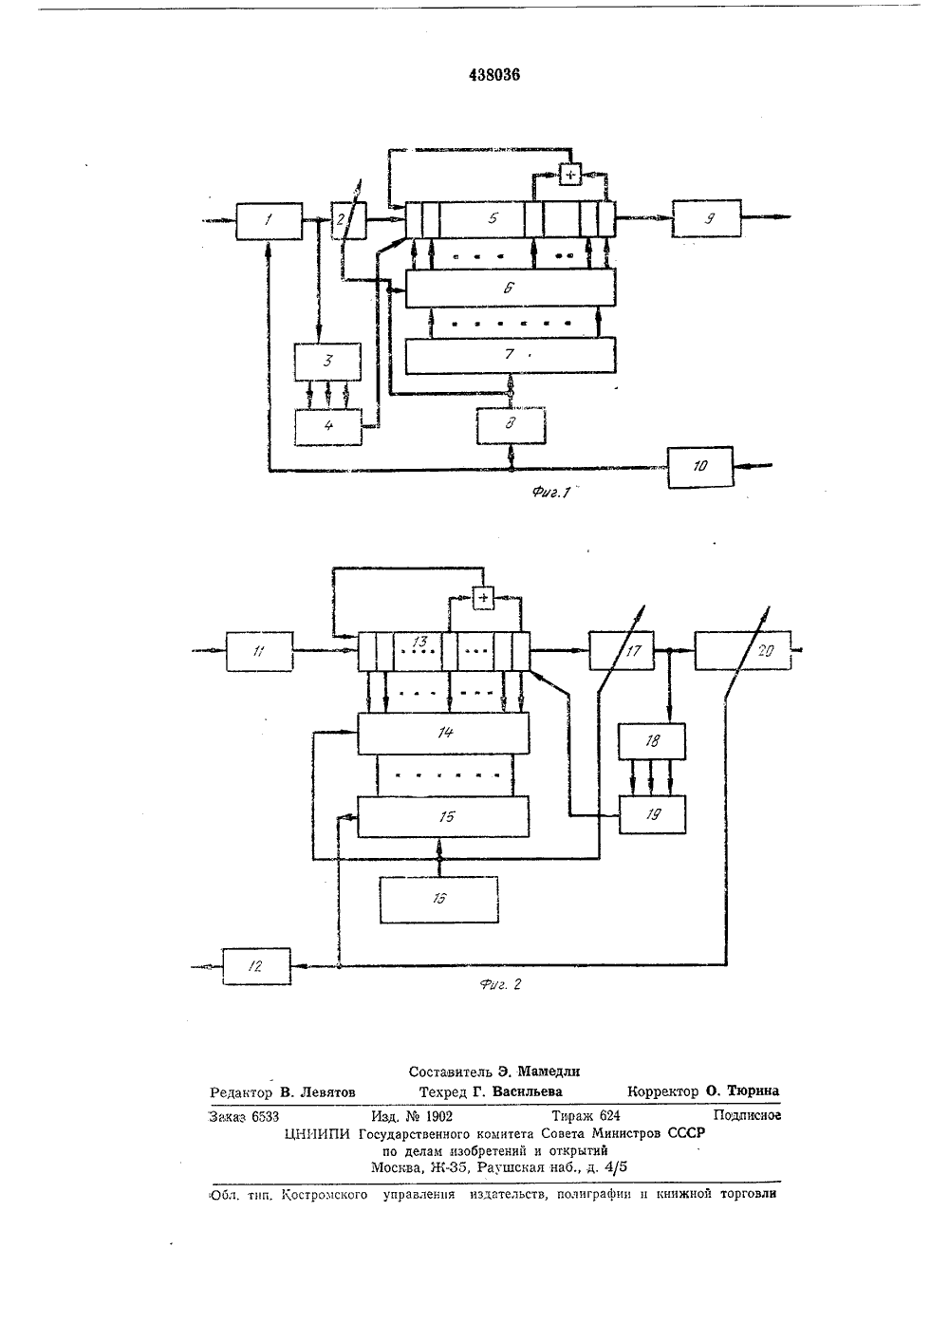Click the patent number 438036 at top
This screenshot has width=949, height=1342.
click(x=494, y=75)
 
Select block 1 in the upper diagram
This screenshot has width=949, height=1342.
click(x=269, y=221)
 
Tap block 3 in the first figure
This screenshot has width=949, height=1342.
click(x=327, y=362)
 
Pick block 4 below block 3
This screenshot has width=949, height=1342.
click(x=328, y=427)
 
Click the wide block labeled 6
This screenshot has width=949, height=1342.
click(x=511, y=288)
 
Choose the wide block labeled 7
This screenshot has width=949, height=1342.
click(x=511, y=355)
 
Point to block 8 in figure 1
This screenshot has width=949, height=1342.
click(x=512, y=426)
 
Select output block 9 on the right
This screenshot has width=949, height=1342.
click(x=706, y=218)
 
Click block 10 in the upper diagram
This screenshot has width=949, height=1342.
click(x=700, y=467)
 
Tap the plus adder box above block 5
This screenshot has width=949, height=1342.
click(x=570, y=174)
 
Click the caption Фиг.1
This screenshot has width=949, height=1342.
click(x=550, y=493)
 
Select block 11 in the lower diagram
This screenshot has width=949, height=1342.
click(x=259, y=651)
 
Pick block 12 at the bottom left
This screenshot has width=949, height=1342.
click(x=256, y=966)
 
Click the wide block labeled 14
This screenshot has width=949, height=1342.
click(x=443, y=734)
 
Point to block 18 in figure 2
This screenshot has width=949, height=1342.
click(x=653, y=741)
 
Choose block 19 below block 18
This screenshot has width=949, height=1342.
click(x=653, y=814)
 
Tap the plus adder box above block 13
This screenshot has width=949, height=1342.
click(x=483, y=597)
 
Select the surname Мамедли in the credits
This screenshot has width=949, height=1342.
click(x=549, y=1072)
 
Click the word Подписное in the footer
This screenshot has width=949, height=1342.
click(x=747, y=1115)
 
